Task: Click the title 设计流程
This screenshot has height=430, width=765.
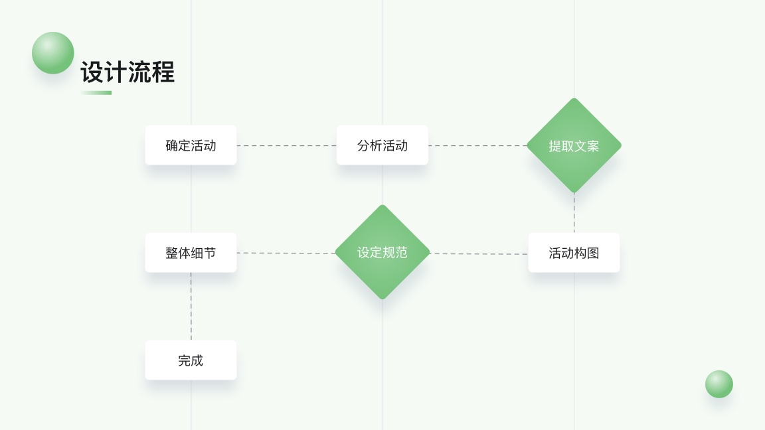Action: (x=127, y=72)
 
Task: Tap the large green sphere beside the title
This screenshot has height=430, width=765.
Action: (x=53, y=53)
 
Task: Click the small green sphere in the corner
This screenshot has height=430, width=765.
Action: (x=719, y=384)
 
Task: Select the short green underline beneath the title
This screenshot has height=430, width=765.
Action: (x=96, y=93)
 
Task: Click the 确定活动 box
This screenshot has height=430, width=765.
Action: (x=191, y=145)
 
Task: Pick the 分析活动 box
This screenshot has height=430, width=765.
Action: (x=382, y=145)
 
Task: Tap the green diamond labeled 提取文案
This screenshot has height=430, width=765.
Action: (x=574, y=146)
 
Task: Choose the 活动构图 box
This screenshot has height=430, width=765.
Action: (x=574, y=253)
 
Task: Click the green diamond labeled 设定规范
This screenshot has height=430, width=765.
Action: (x=382, y=252)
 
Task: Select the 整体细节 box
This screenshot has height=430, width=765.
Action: (x=191, y=253)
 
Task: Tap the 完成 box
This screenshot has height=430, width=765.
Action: (x=191, y=360)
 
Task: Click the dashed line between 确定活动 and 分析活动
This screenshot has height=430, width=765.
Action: (x=286, y=145)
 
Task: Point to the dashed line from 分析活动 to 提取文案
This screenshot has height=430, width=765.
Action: (x=477, y=145)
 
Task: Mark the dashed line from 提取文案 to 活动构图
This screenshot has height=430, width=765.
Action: (x=574, y=212)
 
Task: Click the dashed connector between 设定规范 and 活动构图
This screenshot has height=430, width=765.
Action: (x=479, y=253)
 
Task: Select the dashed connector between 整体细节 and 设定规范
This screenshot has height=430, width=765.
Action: (x=286, y=253)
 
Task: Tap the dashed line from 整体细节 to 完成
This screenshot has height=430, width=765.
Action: (x=191, y=306)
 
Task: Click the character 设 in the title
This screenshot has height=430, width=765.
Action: (x=92, y=72)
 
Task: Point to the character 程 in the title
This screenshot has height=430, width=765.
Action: (x=163, y=72)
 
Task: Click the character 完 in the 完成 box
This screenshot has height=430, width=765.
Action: (x=184, y=360)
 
